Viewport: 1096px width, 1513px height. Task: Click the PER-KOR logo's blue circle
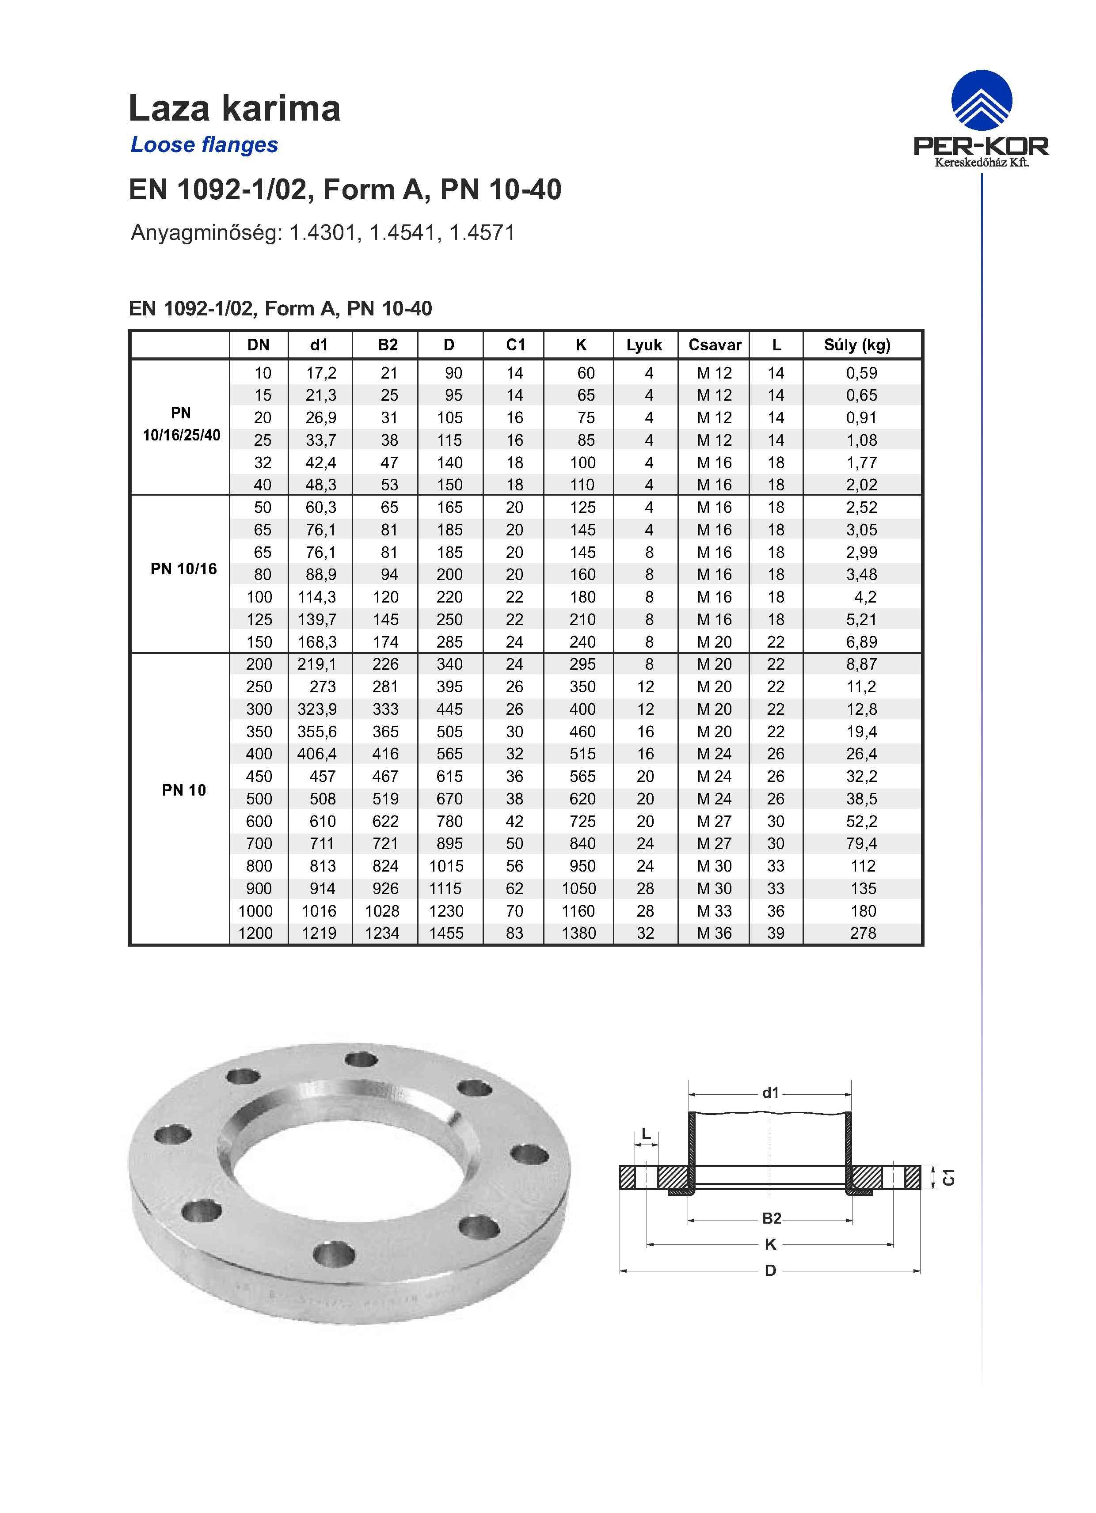(981, 101)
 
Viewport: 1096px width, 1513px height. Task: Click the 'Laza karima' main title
(234, 108)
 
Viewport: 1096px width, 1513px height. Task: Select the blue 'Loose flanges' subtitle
(204, 145)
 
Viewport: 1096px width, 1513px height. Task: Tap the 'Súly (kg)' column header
(857, 345)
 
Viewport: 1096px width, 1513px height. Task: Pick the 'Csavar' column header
(715, 345)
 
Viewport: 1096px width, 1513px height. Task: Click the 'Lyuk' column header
(644, 345)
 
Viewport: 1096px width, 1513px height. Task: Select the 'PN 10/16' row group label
(183, 569)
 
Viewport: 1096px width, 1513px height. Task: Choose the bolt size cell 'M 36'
(714, 933)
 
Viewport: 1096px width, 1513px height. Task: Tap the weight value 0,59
(861, 374)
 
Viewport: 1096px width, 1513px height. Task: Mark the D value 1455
(446, 933)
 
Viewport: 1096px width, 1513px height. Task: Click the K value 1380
(578, 933)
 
